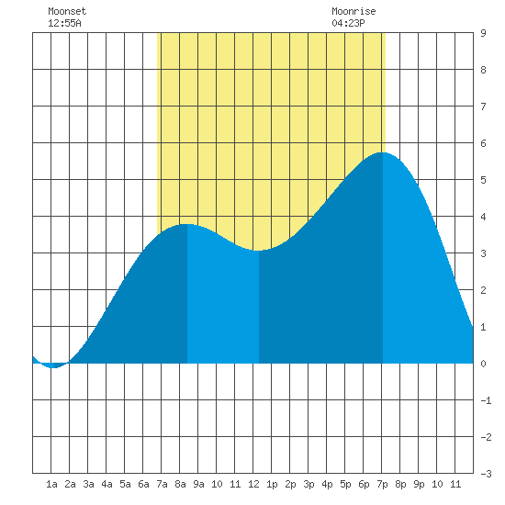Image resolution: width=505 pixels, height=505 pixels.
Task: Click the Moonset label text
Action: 67,11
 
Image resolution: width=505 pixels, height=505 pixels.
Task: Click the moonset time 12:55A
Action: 64,23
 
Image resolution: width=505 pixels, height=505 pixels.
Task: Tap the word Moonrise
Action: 353,11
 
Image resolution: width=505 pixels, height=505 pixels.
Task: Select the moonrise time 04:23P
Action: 348,23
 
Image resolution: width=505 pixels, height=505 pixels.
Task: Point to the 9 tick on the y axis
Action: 483,33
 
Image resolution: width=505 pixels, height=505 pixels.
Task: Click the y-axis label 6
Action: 483,143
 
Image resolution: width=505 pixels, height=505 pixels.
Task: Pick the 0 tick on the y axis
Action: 483,364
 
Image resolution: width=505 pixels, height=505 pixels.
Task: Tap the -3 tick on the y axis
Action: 486,474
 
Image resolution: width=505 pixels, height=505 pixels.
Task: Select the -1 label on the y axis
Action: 486,400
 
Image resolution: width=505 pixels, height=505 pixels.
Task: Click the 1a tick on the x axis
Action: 51,484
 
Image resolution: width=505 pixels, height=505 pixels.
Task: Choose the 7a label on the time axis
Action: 162,484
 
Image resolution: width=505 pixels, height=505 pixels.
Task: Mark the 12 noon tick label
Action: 253,484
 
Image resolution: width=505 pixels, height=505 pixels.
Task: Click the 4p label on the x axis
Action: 327,484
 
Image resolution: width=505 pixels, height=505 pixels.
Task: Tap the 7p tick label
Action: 382,484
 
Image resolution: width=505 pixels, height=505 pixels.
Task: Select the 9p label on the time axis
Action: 419,484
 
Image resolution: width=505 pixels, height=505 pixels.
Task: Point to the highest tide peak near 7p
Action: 383,152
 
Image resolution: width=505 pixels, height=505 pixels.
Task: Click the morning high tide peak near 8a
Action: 187,224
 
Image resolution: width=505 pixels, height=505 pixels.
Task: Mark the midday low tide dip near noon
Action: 259,251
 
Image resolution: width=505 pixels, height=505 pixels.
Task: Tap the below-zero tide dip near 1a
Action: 54,367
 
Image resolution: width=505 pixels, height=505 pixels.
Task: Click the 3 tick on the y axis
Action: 483,253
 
